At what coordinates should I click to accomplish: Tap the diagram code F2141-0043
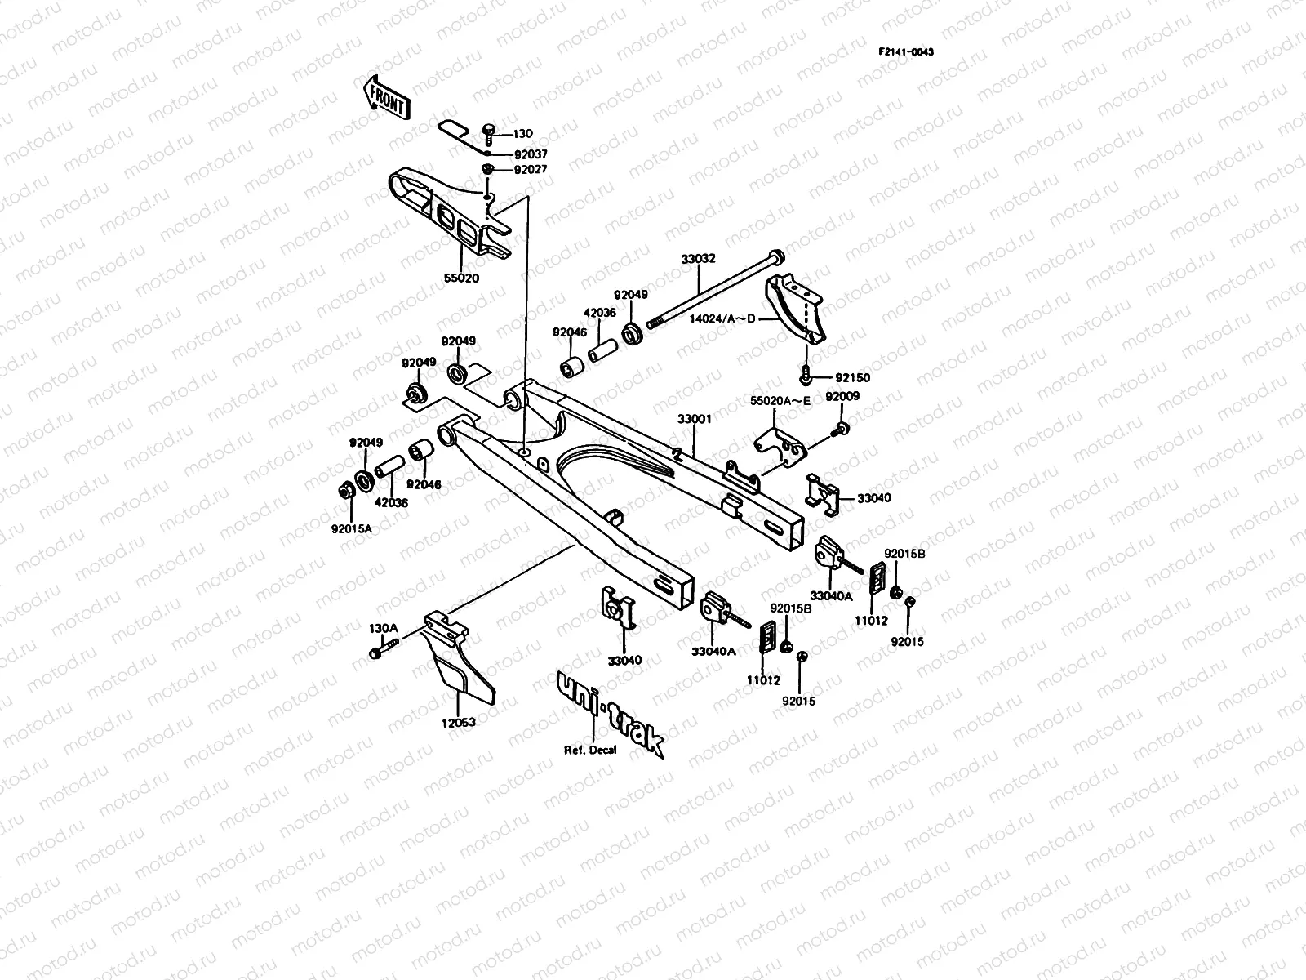pyautogui.click(x=905, y=52)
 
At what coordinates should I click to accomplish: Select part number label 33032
pyautogui.click(x=698, y=259)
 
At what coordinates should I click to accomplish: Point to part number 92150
pyautogui.click(x=852, y=378)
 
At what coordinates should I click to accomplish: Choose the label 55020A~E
pyautogui.click(x=780, y=401)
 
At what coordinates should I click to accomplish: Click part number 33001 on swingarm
pyautogui.click(x=694, y=419)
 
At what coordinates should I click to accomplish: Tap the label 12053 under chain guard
pyautogui.click(x=459, y=723)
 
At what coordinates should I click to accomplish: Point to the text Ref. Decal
pyautogui.click(x=590, y=750)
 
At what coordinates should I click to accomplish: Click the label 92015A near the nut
pyautogui.click(x=351, y=528)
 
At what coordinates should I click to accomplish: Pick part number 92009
pyautogui.click(x=842, y=396)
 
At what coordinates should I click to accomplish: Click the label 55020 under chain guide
pyautogui.click(x=461, y=278)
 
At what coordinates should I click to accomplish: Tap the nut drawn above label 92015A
pyautogui.click(x=344, y=492)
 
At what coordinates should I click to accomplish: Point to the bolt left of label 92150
pyautogui.click(x=804, y=377)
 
